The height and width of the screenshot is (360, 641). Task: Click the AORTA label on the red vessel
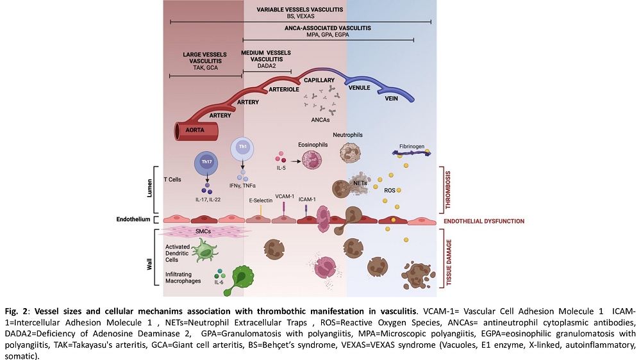tap(195, 130)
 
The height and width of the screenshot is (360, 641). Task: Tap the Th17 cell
tap(206, 162)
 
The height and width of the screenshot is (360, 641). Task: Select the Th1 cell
tap(243, 147)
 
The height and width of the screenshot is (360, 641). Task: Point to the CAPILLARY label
tap(319, 80)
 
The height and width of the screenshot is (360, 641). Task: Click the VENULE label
tap(360, 88)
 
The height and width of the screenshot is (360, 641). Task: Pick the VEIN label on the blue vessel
tap(391, 98)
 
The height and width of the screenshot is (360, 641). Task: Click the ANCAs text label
tap(320, 120)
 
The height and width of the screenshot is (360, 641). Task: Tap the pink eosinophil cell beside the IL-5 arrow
tap(312, 160)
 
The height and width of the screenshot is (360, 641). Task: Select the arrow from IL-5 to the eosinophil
tap(296, 161)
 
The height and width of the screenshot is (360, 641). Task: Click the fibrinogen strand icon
tap(412, 153)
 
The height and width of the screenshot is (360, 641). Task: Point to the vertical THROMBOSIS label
tap(448, 190)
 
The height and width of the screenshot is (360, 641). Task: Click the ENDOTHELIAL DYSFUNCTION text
tap(484, 221)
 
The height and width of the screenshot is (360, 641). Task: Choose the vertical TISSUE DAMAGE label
tap(449, 263)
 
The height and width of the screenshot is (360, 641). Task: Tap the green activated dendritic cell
tap(204, 250)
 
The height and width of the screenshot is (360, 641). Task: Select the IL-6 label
tap(219, 282)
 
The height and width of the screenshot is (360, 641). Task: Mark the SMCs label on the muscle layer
tap(203, 231)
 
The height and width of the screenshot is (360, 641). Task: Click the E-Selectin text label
tap(261, 200)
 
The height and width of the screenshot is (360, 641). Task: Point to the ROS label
tap(390, 190)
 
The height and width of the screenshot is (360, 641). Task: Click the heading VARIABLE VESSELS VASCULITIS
tap(300, 10)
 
